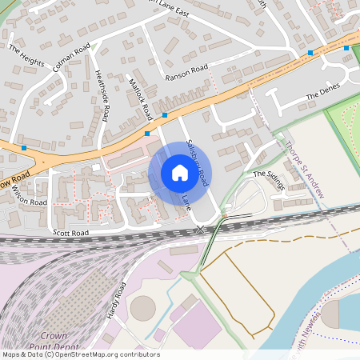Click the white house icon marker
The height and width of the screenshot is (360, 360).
pos(179,173)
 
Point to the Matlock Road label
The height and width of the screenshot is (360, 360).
pos(140,94)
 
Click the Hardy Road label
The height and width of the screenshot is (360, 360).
pos(117,301)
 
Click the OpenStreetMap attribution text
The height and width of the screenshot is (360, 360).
pos(80,354)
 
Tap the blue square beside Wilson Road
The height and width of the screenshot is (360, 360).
pos(25,148)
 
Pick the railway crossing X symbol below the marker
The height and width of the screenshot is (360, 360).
pos(200,230)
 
